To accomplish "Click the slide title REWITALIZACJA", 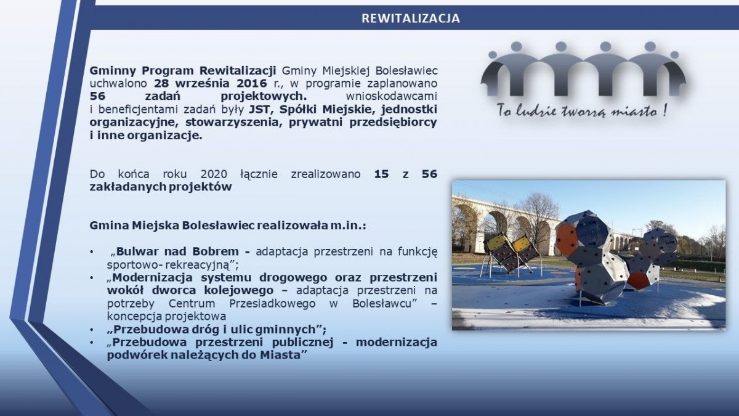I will click(x=410, y=18).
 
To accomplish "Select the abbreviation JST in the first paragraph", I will click(x=259, y=110).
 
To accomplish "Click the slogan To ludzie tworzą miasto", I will click(x=582, y=112).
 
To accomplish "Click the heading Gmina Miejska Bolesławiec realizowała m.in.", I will click(x=228, y=225).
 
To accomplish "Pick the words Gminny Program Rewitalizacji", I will click(x=184, y=70).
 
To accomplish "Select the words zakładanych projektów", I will click(x=160, y=187).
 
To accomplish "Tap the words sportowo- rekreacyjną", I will click(x=168, y=265).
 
